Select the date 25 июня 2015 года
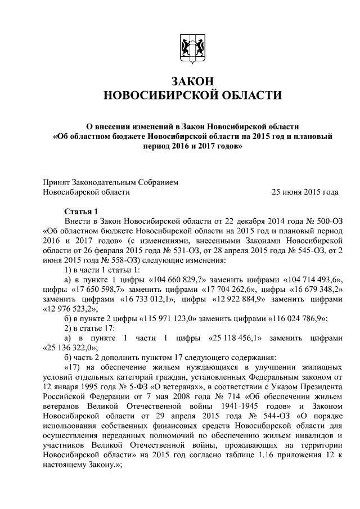305,192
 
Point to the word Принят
56,182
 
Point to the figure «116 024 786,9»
298,319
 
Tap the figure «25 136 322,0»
68,348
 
